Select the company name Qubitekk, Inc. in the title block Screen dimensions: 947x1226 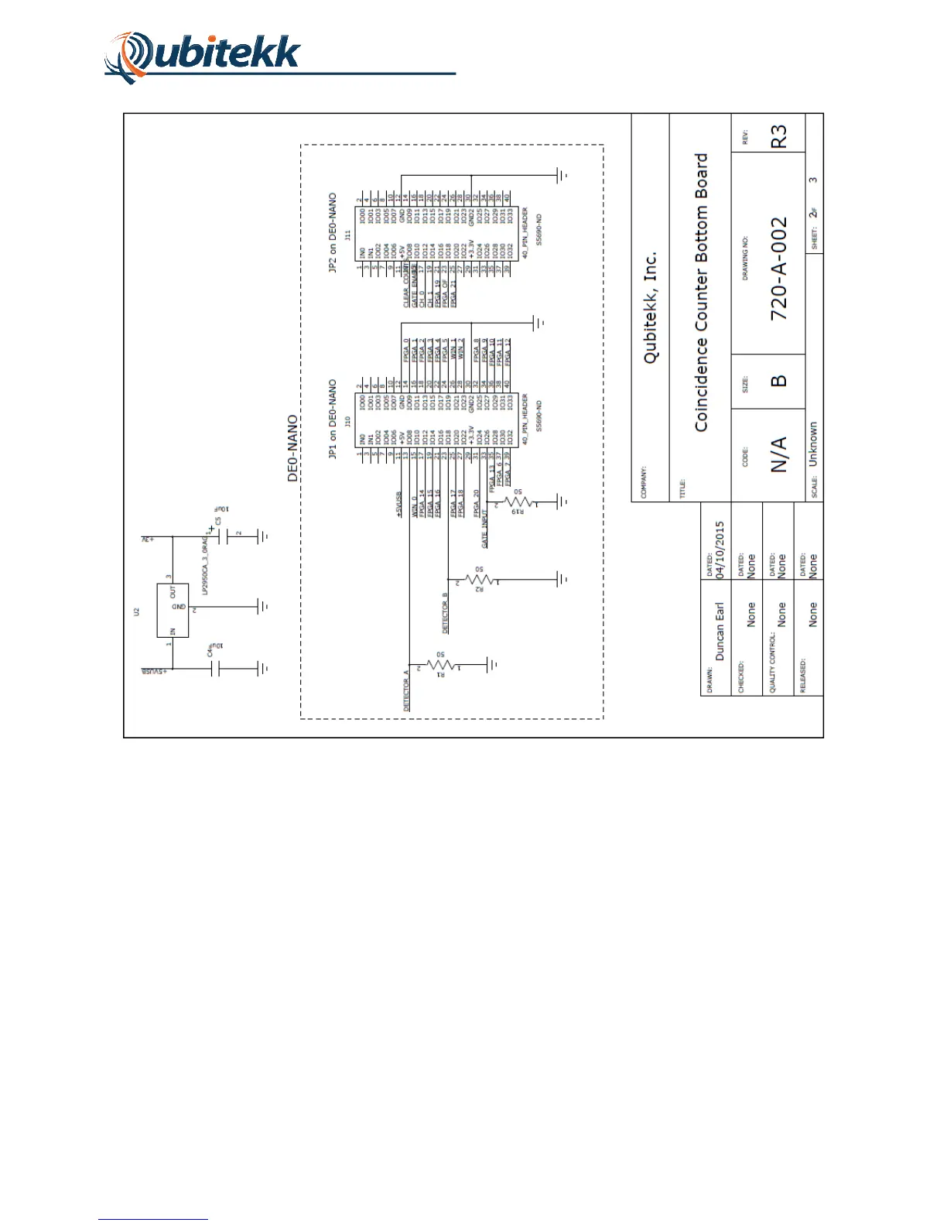click(651, 306)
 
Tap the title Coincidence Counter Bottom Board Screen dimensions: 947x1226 click(701, 292)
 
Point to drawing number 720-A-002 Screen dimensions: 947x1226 click(778, 269)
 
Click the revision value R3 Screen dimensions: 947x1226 click(778, 137)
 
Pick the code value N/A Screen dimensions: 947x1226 click(778, 454)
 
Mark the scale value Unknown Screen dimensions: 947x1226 click(813, 443)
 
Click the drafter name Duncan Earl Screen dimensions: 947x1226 click(720, 631)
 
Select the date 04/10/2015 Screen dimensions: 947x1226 click(720, 550)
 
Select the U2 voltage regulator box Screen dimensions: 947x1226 click(173, 611)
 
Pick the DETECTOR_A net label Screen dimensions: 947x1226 click(407, 690)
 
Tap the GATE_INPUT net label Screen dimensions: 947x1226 click(485, 529)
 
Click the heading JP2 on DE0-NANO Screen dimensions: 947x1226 click(333, 232)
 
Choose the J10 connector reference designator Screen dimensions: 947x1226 click(348, 422)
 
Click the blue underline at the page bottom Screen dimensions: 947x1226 click(153, 1219)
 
